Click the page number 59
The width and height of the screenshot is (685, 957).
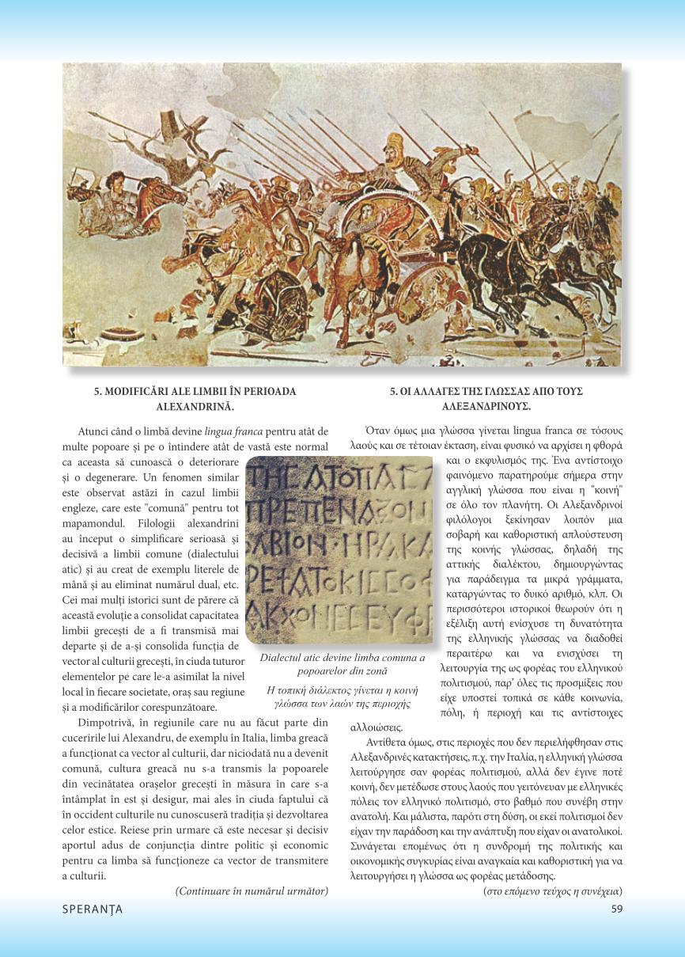coord(617,909)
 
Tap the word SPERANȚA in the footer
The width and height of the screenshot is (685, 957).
coord(93,909)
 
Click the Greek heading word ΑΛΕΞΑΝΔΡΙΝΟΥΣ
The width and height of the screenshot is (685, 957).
coord(486,406)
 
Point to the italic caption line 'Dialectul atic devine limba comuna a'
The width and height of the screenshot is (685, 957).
coord(342,658)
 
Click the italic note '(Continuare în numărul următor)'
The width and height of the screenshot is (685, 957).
coord(251,891)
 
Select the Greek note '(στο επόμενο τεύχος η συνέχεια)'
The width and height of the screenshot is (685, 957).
coord(552,891)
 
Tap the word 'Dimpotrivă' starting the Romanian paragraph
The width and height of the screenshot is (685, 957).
coord(104,722)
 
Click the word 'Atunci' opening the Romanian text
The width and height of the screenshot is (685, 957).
coord(95,431)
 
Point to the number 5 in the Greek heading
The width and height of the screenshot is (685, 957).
coord(393,391)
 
